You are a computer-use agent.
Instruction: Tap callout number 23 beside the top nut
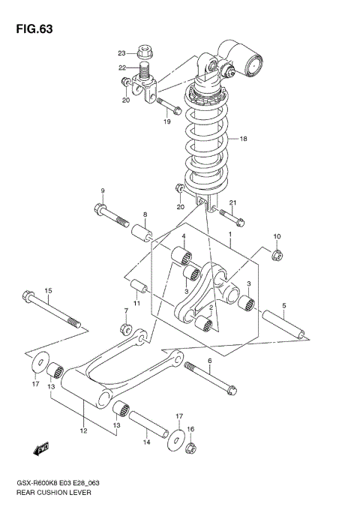(x=121, y=53)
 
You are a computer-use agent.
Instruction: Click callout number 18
(x=242, y=139)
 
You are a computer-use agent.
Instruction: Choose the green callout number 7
(x=126, y=310)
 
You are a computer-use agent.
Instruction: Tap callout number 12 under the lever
(x=84, y=430)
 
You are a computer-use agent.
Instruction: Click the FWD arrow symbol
(x=39, y=449)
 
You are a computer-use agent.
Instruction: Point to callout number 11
(x=137, y=302)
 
